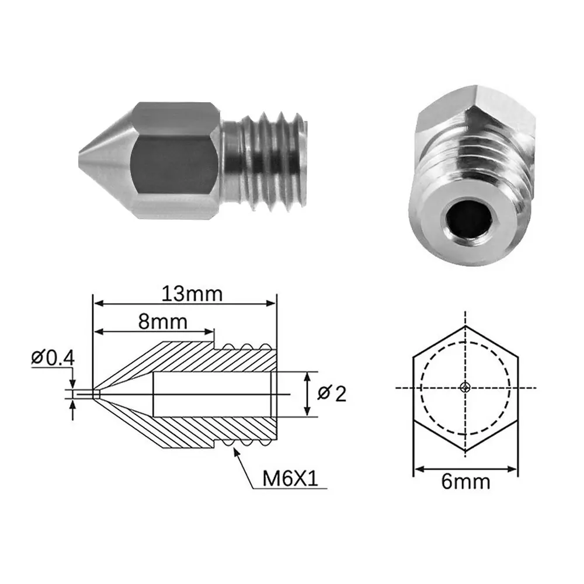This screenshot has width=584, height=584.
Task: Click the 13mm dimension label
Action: click(x=192, y=294)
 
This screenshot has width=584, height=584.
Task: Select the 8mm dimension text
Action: click(x=163, y=321)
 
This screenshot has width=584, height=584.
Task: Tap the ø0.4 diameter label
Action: click(x=53, y=358)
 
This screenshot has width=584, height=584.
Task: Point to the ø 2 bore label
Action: click(x=332, y=394)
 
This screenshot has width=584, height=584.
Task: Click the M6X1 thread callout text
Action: click(x=290, y=479)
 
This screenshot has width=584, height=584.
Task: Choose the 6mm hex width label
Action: click(x=465, y=482)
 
